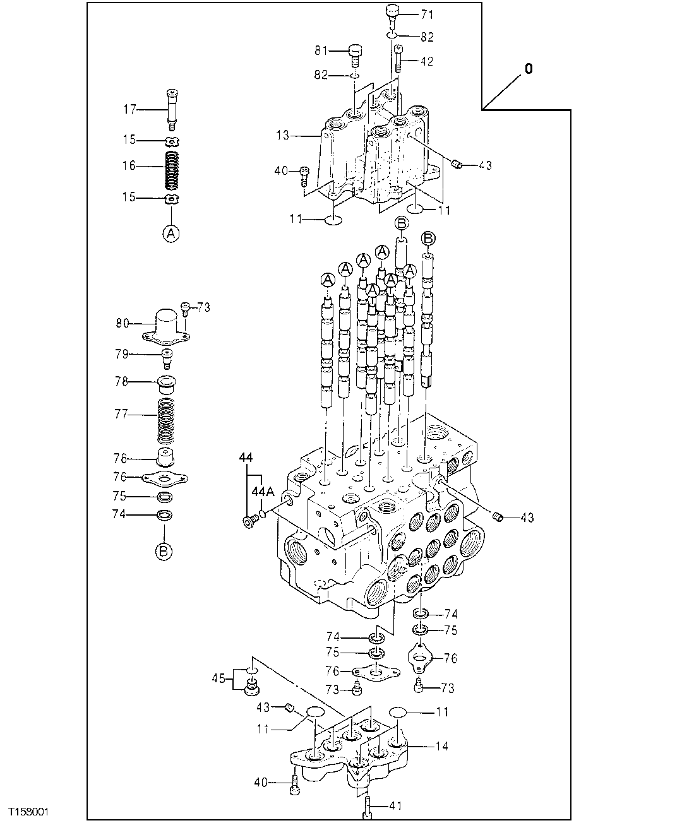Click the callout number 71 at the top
coord(428,13)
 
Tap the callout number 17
coord(129,110)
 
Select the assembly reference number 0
coord(528,69)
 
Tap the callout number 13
coord(282,135)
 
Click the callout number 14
coord(441,746)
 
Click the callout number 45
coord(218,678)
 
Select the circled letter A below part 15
coord(170,233)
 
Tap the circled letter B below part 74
coord(164,551)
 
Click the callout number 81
coord(322,50)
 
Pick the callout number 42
coord(427,61)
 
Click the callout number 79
coord(121,354)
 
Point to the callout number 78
coord(121,381)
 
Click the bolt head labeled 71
coord(393,12)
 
